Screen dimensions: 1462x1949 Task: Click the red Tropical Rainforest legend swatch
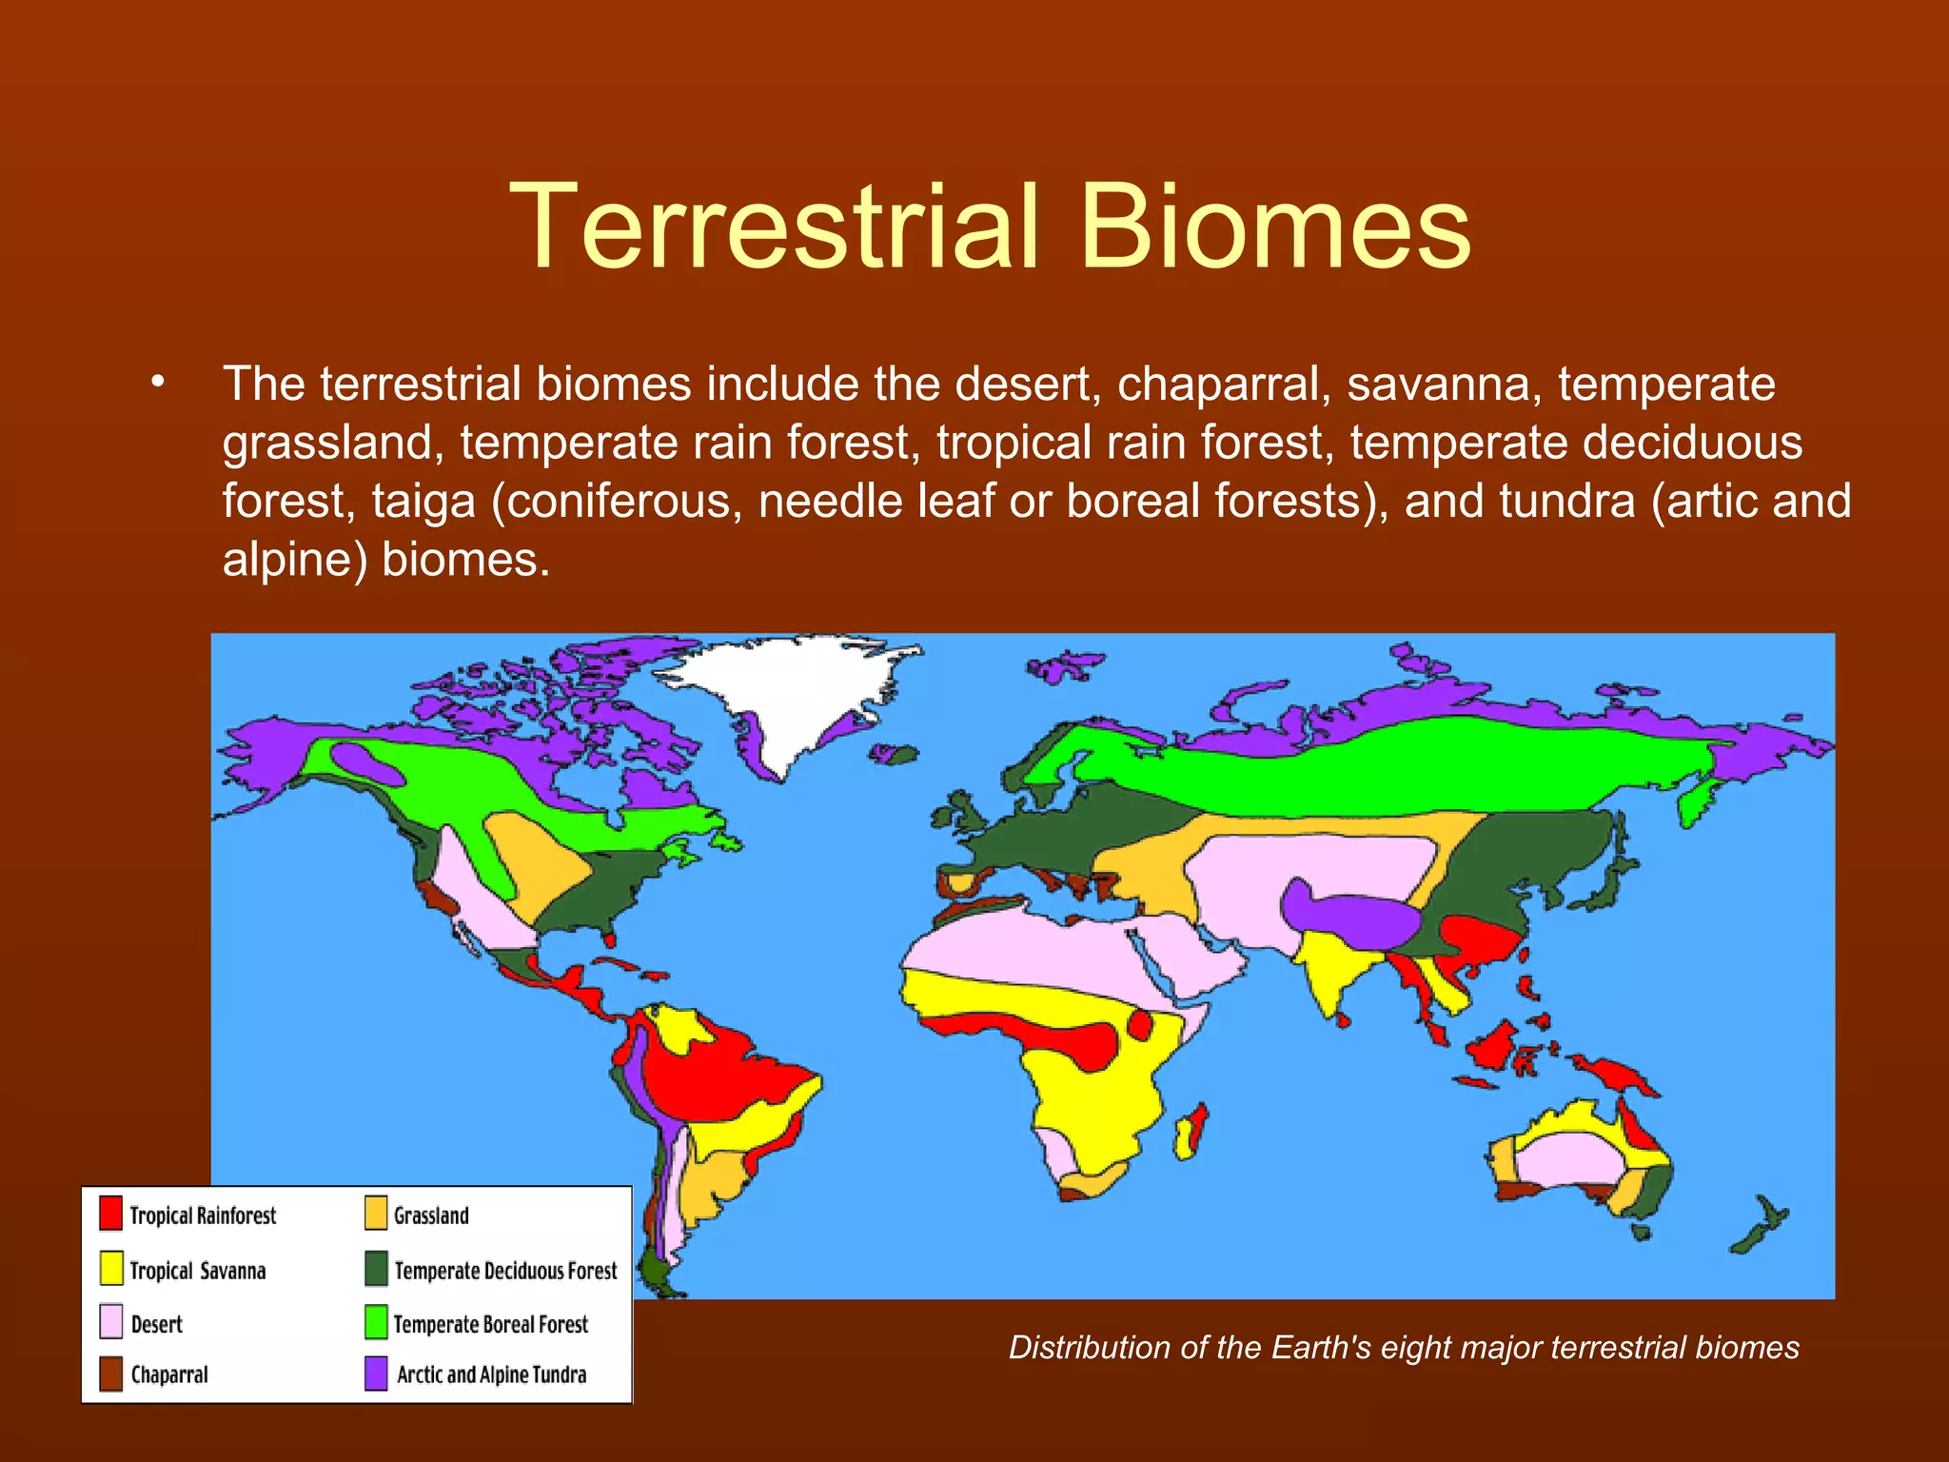[111, 1214]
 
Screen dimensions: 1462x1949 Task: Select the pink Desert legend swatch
[111, 1322]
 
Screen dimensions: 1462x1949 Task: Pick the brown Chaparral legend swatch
[111, 1373]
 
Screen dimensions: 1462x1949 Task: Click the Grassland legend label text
[431, 1215]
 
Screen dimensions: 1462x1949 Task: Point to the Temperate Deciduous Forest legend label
[505, 1271]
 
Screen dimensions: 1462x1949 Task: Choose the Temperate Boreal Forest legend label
[490, 1324]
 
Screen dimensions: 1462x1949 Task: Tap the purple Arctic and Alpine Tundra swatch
[376, 1373]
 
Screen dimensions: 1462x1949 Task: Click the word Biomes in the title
[1275, 228]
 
